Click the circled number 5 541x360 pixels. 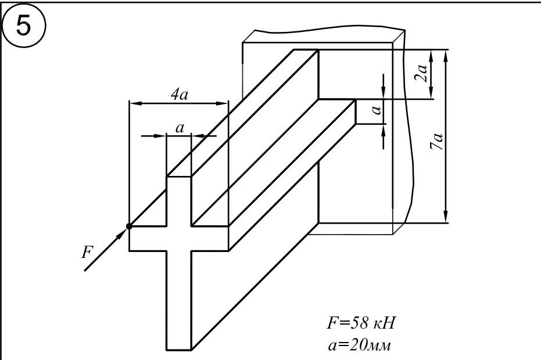click(x=22, y=26)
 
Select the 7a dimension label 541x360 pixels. click(x=438, y=142)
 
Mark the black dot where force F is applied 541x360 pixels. click(x=128, y=226)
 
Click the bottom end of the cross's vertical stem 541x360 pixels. click(x=179, y=350)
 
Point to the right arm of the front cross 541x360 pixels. click(x=209, y=238)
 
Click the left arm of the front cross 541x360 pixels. click(x=148, y=238)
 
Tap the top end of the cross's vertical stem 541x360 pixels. click(x=179, y=177)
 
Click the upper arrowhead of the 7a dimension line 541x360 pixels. click(x=446, y=54)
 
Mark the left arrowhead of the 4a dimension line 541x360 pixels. click(x=133, y=104)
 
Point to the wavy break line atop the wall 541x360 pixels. click(x=325, y=29)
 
